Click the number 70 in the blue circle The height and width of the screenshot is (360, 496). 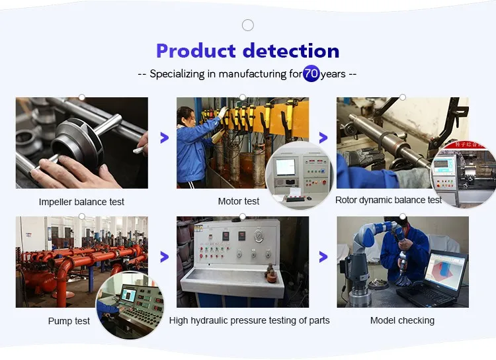(x=311, y=73)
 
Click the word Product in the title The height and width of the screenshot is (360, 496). (x=196, y=51)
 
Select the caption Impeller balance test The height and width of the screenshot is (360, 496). (x=81, y=202)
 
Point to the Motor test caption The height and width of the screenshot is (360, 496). (x=239, y=201)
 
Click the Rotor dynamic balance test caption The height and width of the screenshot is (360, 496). (x=388, y=200)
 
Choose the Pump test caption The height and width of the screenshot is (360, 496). (x=69, y=321)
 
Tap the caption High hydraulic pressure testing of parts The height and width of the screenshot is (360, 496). (x=249, y=320)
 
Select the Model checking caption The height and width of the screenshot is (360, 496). (x=402, y=320)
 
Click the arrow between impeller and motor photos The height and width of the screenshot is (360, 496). (x=164, y=138)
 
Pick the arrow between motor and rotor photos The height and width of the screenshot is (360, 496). (x=323, y=138)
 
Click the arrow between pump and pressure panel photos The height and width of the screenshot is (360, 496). (x=164, y=257)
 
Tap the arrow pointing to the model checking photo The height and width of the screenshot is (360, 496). (x=323, y=257)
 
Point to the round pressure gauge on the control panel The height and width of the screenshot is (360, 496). (x=259, y=236)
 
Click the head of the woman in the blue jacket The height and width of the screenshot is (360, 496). (x=186, y=116)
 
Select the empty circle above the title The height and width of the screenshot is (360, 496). (x=248, y=25)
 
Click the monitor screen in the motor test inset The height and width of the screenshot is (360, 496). (x=286, y=167)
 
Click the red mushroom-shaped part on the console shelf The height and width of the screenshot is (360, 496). (x=271, y=274)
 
